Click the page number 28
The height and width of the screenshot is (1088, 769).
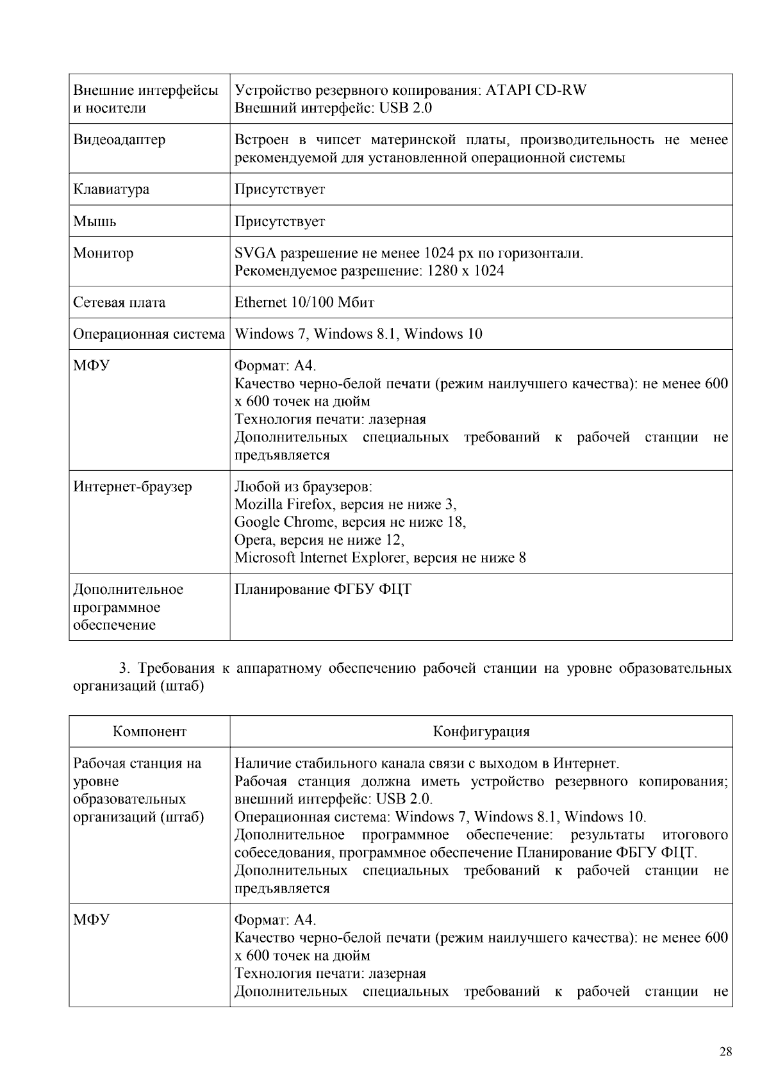[x=725, y=1051]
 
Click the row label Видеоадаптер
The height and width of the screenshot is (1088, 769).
[x=119, y=140]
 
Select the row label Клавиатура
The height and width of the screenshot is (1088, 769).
[x=111, y=189]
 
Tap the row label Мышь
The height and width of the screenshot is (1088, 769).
[x=95, y=221]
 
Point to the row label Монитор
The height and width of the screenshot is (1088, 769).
[x=103, y=253]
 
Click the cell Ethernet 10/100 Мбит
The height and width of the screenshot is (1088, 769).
[x=304, y=302]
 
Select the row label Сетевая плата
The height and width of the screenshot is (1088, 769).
[x=119, y=302]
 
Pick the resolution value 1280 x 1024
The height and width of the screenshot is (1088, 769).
[x=465, y=271]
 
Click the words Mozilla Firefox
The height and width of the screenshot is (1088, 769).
[x=285, y=504]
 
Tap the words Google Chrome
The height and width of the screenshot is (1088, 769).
[x=284, y=522]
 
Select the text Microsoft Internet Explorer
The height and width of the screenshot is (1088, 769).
[x=320, y=557]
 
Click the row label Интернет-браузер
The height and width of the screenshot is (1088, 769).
[x=132, y=487]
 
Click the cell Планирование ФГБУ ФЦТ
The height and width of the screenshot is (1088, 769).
[x=323, y=589]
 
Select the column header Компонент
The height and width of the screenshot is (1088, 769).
[x=149, y=732]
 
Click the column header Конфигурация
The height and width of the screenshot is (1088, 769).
[x=481, y=732]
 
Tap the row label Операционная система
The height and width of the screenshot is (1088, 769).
[x=149, y=334]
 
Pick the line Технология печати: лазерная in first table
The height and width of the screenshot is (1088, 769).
[x=330, y=420]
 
